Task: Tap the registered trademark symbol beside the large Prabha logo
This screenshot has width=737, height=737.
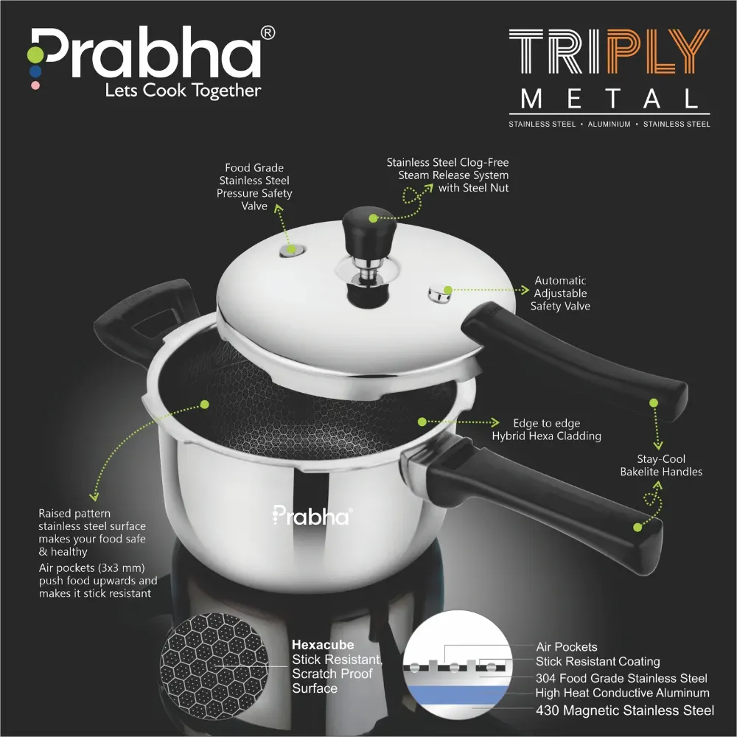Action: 269,32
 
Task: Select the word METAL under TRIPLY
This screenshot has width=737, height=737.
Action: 609,99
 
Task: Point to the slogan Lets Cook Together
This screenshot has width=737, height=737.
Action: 183,91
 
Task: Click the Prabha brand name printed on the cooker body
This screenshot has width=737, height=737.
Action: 312,515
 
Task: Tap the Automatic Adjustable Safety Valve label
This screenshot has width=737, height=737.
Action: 560,293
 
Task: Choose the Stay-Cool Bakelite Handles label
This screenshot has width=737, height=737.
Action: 660,466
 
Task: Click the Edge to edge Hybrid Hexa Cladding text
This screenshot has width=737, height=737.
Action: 546,430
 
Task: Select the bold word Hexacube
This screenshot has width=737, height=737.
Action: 323,645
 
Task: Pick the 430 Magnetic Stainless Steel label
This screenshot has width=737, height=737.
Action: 624,710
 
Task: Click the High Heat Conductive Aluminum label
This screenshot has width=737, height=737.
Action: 623,693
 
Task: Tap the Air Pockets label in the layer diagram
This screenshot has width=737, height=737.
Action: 566,646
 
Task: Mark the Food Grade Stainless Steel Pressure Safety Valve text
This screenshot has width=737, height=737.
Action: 254,187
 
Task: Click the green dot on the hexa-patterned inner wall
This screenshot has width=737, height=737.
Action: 204,404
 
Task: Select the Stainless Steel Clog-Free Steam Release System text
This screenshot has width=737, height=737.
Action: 447,175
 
